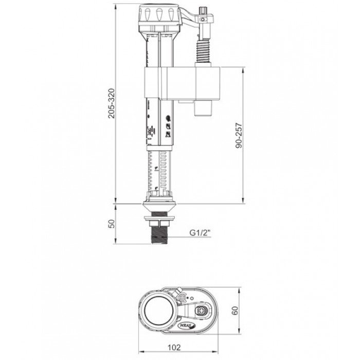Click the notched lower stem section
161,170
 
